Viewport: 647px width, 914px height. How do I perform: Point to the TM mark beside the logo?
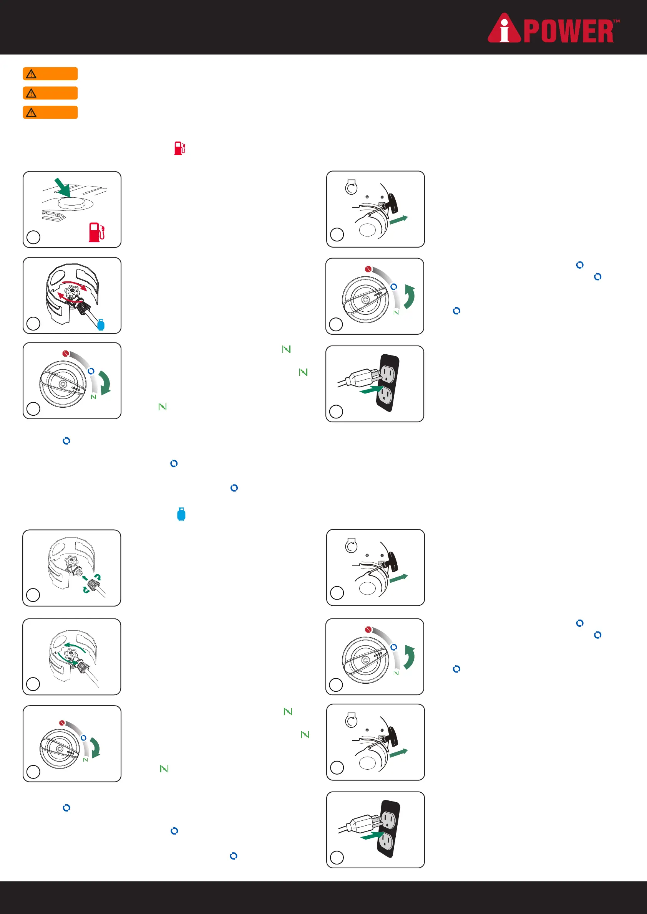click(616, 21)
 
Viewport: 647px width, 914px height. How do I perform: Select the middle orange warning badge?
click(50, 93)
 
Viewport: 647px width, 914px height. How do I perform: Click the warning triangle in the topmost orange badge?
click(31, 74)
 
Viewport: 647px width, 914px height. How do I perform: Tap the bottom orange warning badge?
click(50, 112)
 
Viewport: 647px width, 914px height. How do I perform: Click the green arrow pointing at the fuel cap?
click(63, 187)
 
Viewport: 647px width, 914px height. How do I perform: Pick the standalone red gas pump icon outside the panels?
click(180, 148)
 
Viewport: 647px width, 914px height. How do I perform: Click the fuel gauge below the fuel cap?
click(52, 216)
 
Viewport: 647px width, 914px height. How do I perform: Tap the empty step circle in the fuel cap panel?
click(33, 237)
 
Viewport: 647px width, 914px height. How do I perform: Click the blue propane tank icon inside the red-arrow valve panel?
click(101, 325)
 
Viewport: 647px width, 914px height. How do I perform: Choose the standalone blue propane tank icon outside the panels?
click(181, 514)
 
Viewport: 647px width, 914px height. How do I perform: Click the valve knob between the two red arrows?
click(72, 292)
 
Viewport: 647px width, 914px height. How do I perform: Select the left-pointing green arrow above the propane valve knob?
click(75, 645)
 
